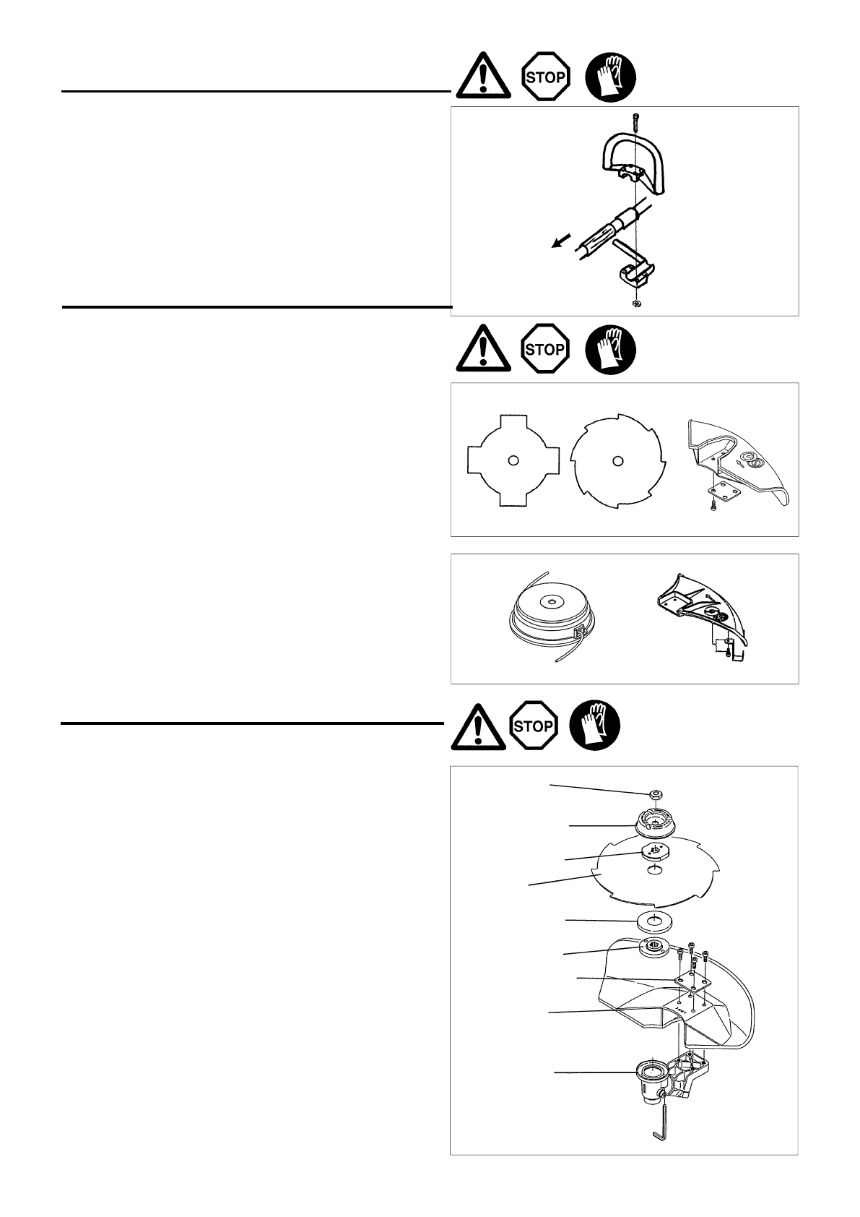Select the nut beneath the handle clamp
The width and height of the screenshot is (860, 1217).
(635, 304)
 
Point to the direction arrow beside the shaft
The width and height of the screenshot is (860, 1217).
(560, 244)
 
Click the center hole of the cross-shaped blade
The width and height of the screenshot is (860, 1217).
(512, 461)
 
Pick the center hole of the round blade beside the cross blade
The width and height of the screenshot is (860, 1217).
(616, 460)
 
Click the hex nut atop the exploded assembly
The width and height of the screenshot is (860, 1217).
(656, 795)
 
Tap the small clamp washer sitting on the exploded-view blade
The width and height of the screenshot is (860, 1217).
(654, 851)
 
